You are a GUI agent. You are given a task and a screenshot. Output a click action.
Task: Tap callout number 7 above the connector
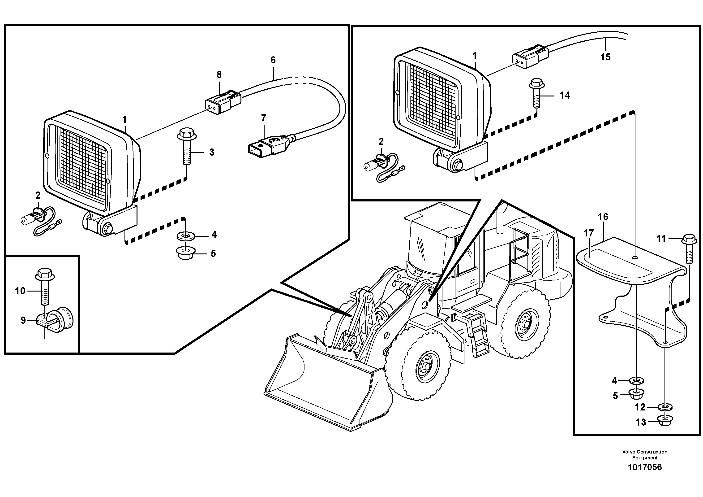tap(263, 118)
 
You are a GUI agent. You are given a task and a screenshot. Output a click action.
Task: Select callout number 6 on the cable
tap(273, 60)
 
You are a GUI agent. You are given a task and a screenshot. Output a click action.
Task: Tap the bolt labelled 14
tap(536, 93)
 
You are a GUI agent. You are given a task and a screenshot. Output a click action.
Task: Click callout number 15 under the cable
tap(605, 57)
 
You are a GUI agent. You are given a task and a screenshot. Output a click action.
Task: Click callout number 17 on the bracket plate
tap(588, 233)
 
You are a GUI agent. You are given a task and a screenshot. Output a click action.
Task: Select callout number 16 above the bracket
tap(603, 217)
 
